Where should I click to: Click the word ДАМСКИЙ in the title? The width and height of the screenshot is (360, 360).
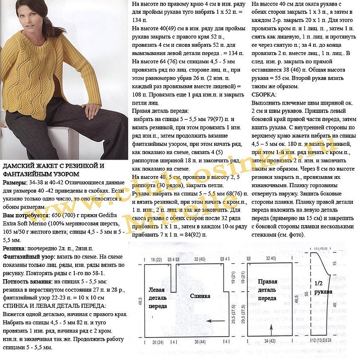pyautogui.click(x=20, y=166)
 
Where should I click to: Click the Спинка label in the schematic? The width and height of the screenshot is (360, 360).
pyautogui.click(x=200, y=296)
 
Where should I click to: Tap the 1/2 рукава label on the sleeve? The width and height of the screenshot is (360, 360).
pyautogui.click(x=323, y=287)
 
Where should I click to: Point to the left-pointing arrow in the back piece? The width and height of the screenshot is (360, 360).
pyautogui.click(x=213, y=322)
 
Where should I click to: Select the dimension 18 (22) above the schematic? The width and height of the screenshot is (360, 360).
pyautogui.click(x=157, y=260)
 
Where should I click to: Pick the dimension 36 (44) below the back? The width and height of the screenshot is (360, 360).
pyautogui.click(x=199, y=343)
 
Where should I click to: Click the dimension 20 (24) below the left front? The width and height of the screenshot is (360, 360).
pyautogui.click(x=157, y=343)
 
